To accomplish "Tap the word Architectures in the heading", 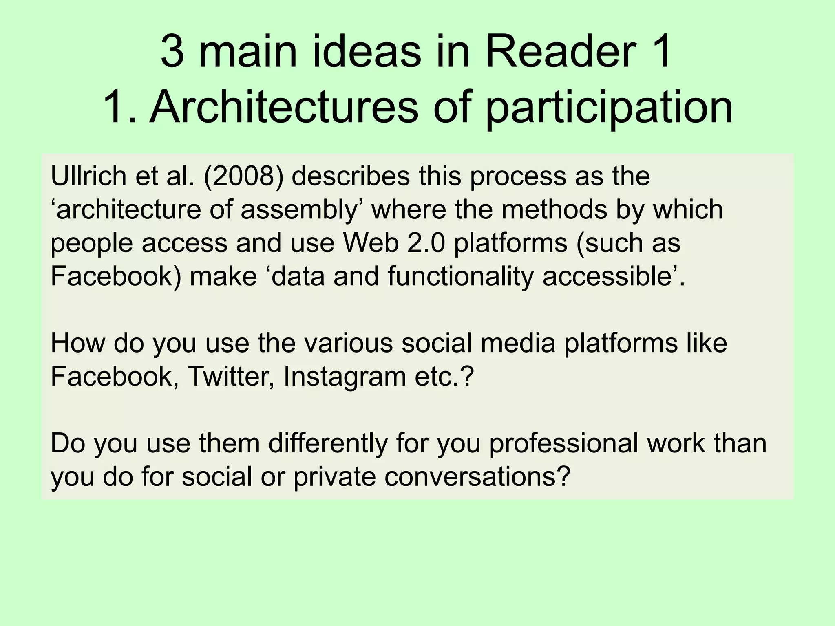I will pyautogui.click(x=284, y=108).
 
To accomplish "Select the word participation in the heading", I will pyautogui.click(x=609, y=108).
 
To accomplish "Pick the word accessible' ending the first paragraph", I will pyautogui.click(x=614, y=276).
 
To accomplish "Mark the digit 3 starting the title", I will pyautogui.click(x=173, y=53).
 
